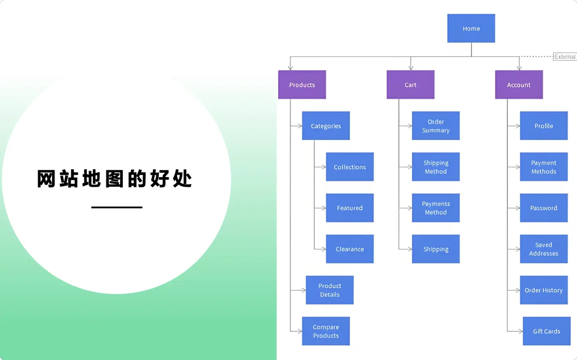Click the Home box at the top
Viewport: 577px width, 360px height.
471,28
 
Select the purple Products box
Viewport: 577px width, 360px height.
302,85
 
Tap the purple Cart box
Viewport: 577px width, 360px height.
410,85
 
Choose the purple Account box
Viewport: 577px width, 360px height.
519,85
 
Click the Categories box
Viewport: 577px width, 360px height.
326,126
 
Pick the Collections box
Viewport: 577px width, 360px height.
349,167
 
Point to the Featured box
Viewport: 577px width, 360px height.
349,208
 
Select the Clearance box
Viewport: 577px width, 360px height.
349,249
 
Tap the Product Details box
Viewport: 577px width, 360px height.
330,290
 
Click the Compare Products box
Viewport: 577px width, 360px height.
326,331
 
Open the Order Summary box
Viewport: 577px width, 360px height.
436,126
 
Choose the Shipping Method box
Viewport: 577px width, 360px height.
436,167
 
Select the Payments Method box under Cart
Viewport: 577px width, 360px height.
436,208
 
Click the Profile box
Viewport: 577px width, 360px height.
544,126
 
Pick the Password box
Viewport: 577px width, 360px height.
544,208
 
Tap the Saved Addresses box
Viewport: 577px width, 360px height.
544,249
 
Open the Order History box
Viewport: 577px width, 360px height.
544,290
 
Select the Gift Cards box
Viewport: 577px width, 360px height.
546,331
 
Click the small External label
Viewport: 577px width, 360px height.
565,57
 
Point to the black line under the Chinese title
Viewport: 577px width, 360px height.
117,207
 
